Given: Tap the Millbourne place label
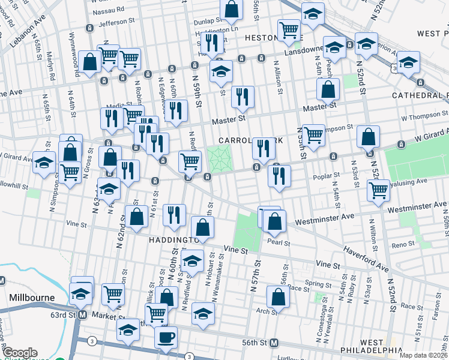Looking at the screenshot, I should pyautogui.click(x=32, y=298).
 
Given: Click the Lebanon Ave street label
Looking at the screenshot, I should pyautogui.click(x=28, y=31).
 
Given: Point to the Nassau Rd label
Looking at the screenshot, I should pyautogui.click(x=107, y=10).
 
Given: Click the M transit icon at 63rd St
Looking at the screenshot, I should pyautogui.click(x=83, y=314).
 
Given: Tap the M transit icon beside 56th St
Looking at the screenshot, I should pyautogui.click(x=274, y=343).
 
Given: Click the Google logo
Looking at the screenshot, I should pyautogui.click(x=20, y=353).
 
